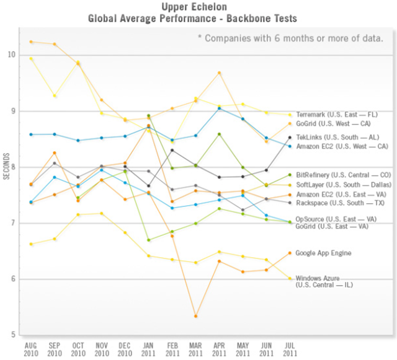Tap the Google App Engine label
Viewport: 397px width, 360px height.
[323, 253]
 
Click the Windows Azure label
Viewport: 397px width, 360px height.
[316, 278]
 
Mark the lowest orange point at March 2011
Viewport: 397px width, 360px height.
[195, 316]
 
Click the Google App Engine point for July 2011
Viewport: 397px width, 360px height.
[290, 253]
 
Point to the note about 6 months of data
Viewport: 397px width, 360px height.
[290, 39]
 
